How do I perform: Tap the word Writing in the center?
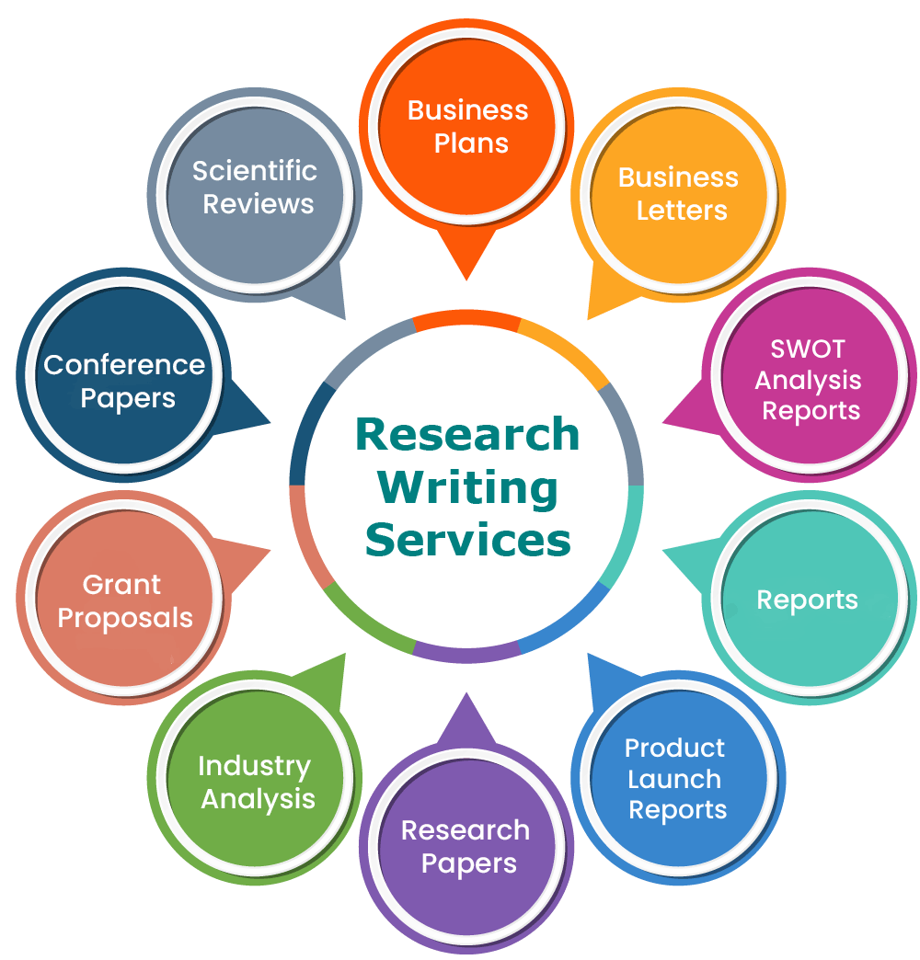coord(467,488)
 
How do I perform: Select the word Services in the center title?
coord(468,540)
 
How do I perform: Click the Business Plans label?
coord(468,127)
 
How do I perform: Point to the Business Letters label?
coord(679,193)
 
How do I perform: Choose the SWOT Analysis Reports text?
coord(809,380)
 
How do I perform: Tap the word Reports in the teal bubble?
coord(807,600)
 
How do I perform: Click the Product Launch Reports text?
coord(676,779)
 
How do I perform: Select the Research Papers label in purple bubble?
coord(466,847)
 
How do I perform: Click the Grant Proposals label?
coord(125,601)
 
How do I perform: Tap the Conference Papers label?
coord(124,382)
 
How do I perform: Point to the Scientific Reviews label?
coord(255,188)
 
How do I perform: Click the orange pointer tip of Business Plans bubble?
coord(466,280)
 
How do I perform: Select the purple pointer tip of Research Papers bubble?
coord(466,693)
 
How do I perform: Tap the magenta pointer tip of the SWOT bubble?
coord(663,422)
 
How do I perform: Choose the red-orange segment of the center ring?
coord(466,318)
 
